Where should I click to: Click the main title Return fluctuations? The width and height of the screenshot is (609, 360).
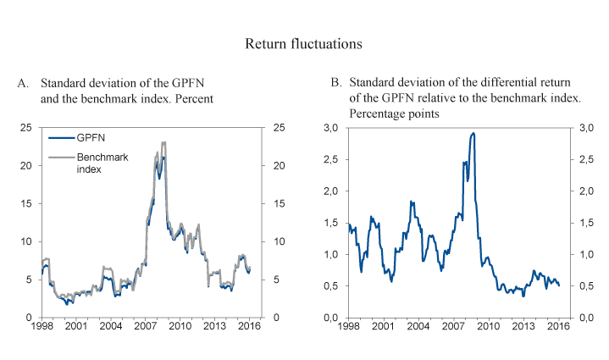[x=304, y=42]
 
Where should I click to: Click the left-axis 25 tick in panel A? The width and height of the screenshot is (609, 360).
[x=26, y=127]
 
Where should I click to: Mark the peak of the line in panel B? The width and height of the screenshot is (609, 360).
[x=472, y=133]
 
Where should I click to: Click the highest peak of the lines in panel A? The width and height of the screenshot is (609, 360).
[x=163, y=142]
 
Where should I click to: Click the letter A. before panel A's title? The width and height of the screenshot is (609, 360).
[x=24, y=83]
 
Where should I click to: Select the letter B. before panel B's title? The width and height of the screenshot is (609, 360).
[x=335, y=83]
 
